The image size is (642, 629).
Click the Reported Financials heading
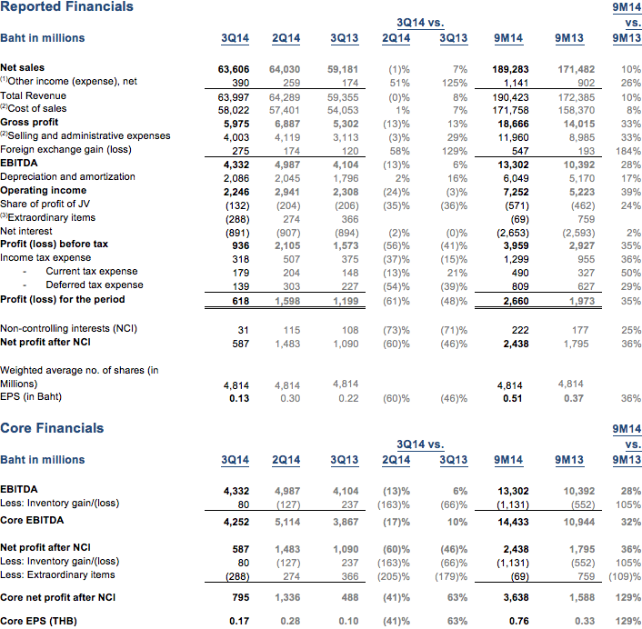(x=67, y=7)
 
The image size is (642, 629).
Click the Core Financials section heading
(x=53, y=428)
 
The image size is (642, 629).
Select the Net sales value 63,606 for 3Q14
(x=234, y=68)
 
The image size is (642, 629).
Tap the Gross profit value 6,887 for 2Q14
(x=286, y=123)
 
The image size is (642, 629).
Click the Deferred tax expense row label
(x=95, y=285)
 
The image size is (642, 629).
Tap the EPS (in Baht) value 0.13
(x=238, y=397)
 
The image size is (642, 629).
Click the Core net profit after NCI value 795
(x=238, y=596)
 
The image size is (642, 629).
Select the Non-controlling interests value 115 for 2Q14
(x=291, y=329)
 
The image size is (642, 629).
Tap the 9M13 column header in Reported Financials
(x=569, y=38)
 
